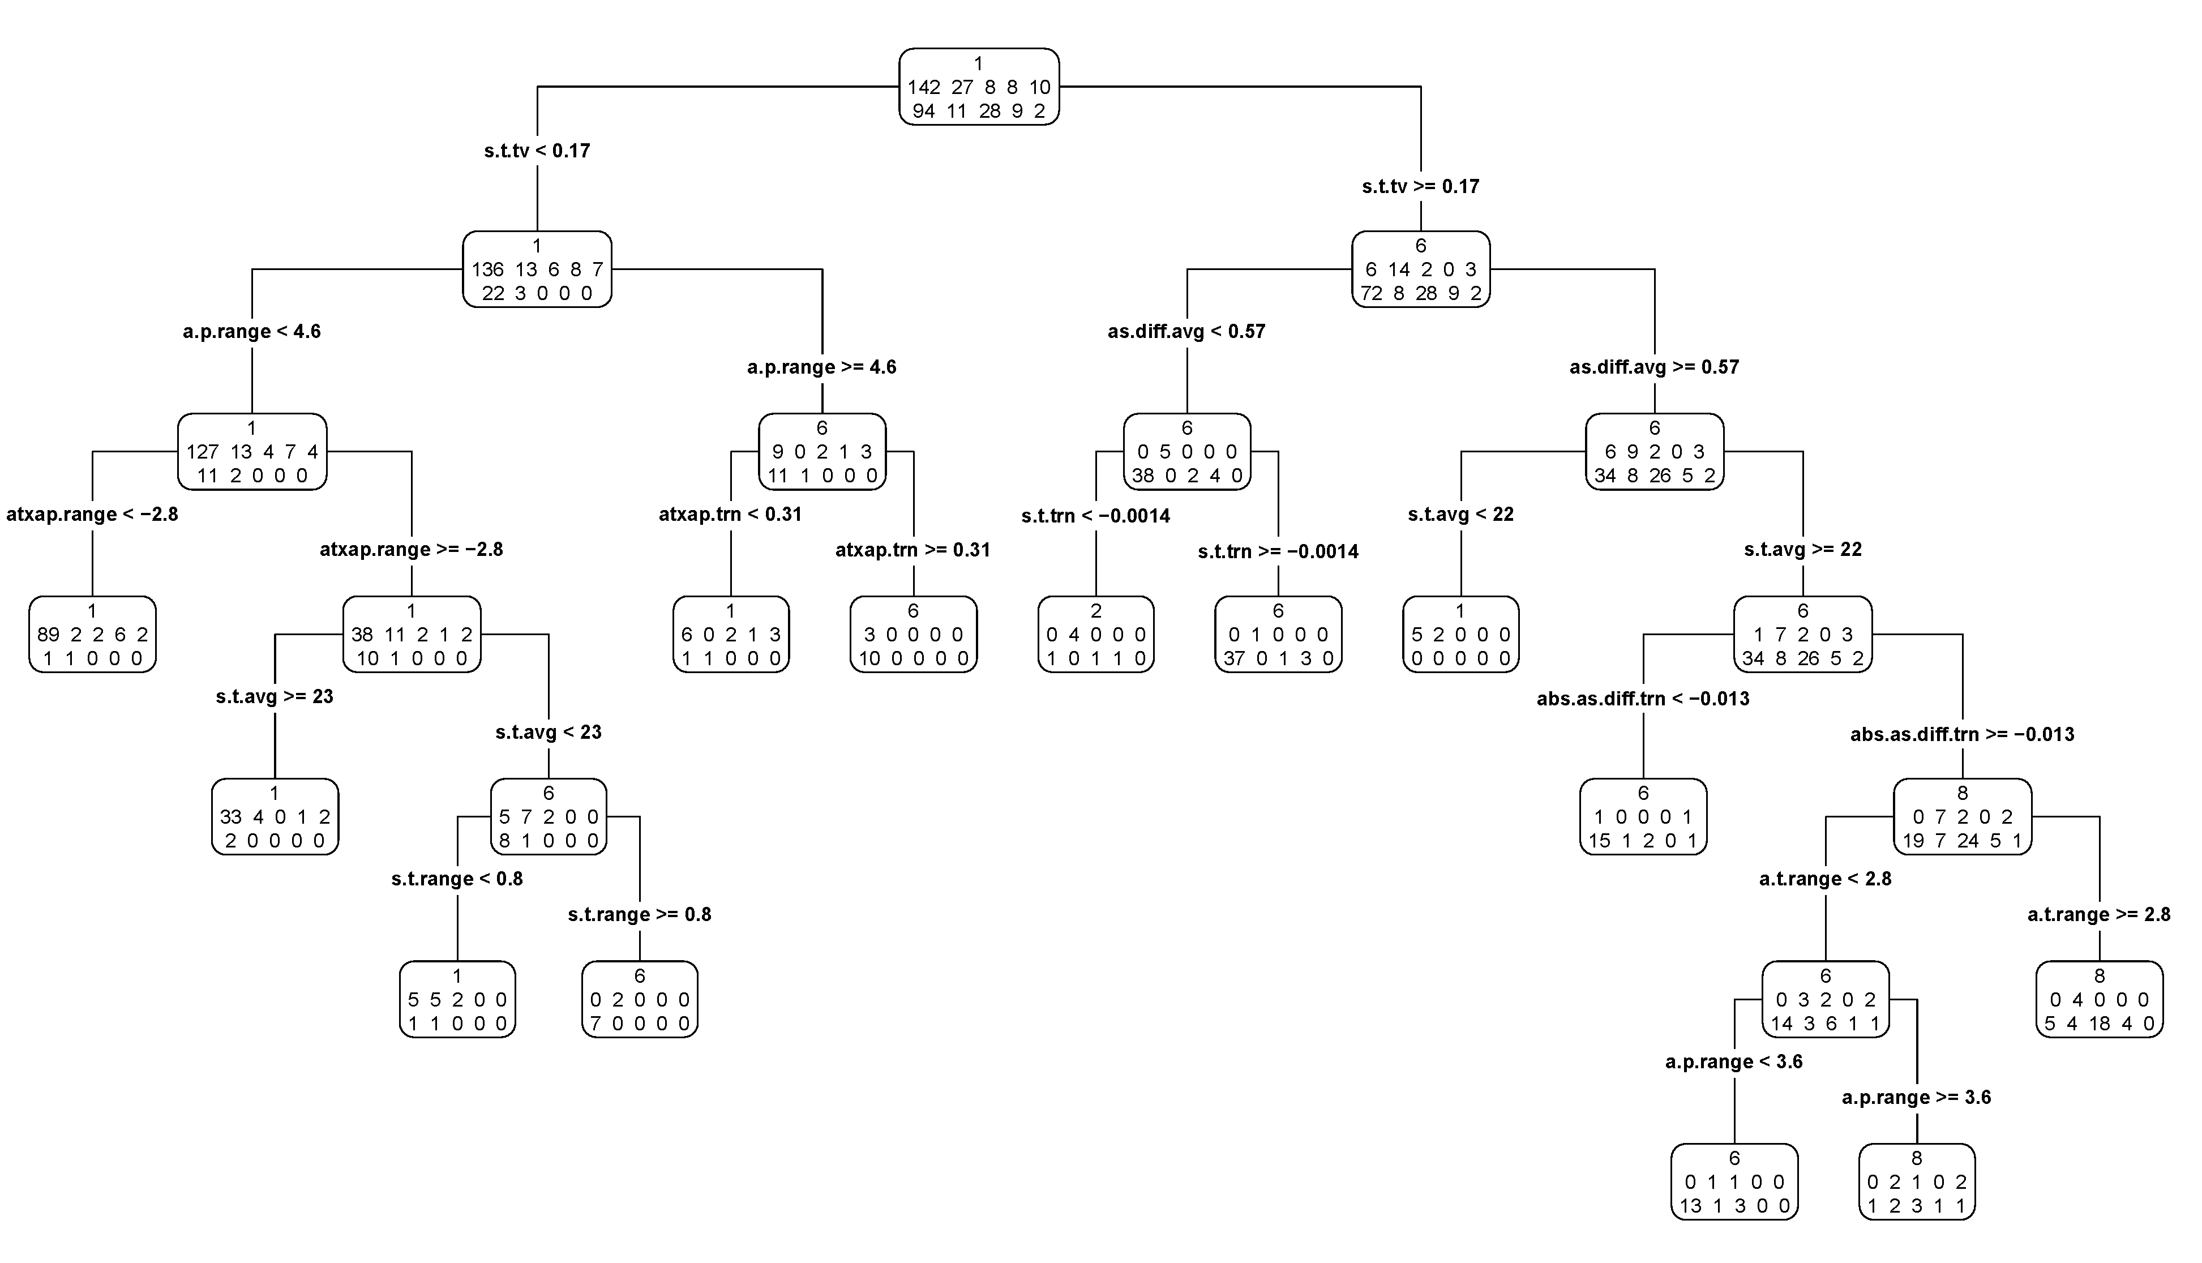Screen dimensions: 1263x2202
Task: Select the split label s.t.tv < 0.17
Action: point(537,151)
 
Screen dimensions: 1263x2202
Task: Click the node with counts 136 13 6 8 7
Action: point(537,269)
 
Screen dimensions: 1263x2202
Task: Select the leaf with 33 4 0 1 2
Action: point(275,816)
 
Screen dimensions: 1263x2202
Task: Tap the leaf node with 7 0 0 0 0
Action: point(639,999)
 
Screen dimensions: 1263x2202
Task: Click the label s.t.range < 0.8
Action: point(457,879)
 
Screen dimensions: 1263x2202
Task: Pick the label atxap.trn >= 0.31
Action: point(912,550)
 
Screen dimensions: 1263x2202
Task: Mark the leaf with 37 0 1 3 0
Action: point(1278,634)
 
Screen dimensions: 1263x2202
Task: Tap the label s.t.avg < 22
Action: point(1460,515)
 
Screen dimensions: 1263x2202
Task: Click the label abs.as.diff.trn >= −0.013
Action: point(1962,735)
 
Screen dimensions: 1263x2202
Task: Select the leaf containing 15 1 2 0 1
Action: point(1643,816)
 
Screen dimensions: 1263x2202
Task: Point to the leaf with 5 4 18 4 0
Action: point(2099,999)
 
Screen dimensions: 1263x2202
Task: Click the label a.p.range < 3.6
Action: point(1734,1062)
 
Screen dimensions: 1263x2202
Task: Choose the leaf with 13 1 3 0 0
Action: point(1734,1181)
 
